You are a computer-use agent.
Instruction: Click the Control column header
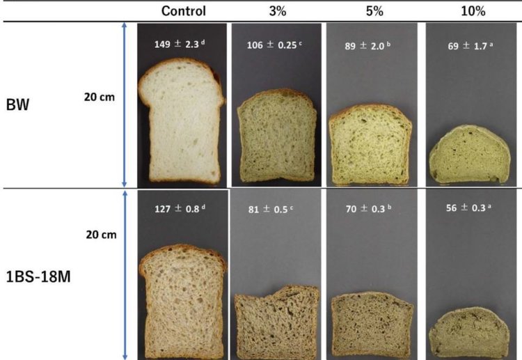click(183, 11)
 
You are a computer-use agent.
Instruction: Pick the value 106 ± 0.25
click(276, 45)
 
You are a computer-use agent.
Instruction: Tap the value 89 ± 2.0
click(370, 45)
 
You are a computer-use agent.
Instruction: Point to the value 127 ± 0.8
click(182, 207)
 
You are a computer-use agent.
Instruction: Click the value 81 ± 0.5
click(276, 208)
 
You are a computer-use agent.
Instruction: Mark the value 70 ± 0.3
click(370, 208)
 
